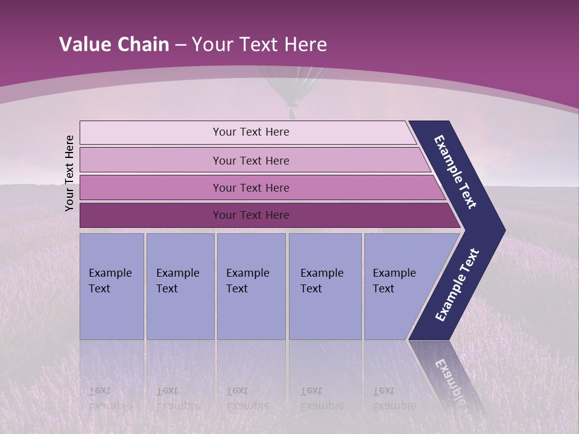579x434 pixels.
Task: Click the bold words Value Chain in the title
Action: click(114, 45)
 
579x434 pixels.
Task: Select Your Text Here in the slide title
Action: click(259, 45)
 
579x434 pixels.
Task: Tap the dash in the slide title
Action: click(180, 45)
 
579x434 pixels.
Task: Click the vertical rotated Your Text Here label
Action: click(69, 173)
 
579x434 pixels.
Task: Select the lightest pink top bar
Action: click(250, 132)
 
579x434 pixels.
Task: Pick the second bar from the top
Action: click(250, 160)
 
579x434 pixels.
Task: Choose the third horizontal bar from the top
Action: click(250, 187)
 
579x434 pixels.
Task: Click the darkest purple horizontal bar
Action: click(250, 215)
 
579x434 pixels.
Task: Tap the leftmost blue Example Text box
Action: click(112, 286)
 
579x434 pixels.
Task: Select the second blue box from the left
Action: click(180, 286)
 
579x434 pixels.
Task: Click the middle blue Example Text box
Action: click(251, 286)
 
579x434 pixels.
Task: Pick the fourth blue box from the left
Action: click(325, 286)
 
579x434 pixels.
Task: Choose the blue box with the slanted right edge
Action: click(398, 286)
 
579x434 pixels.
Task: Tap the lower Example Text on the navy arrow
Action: click(457, 285)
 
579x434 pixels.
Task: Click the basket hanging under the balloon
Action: click(293, 112)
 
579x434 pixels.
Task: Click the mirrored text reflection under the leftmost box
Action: click(110, 398)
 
